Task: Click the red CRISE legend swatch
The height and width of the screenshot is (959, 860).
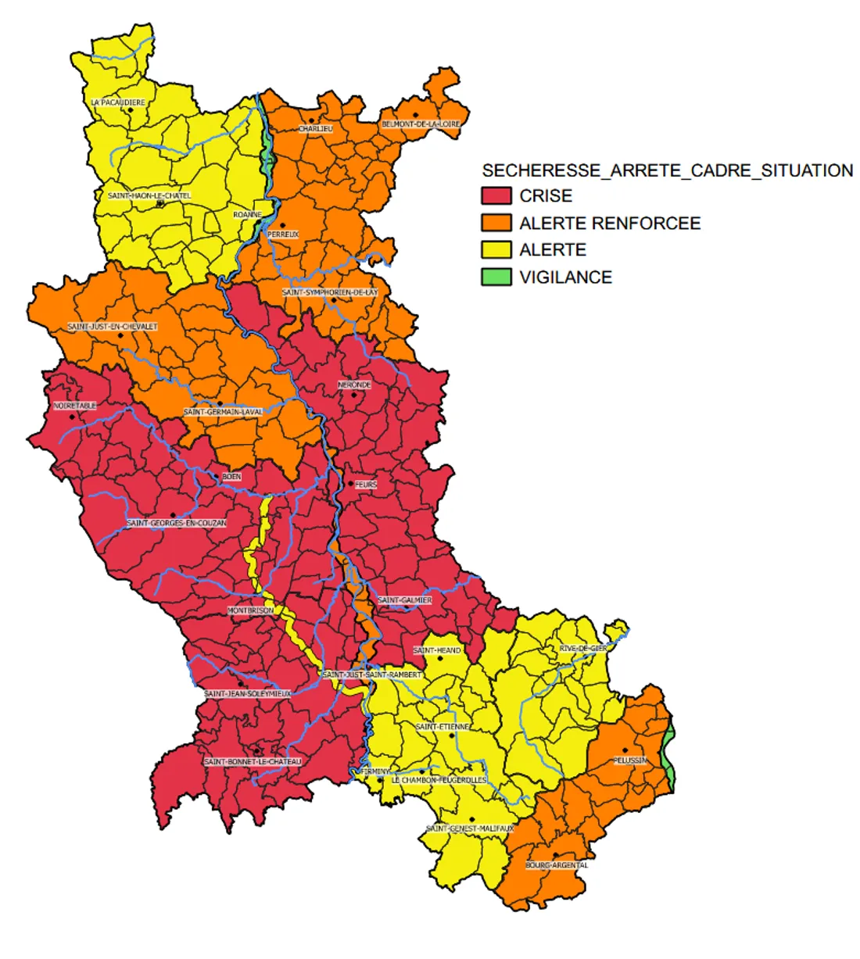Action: coord(496,195)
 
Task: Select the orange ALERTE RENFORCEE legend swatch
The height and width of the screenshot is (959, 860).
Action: coord(496,223)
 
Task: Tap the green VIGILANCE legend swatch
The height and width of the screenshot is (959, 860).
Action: coord(496,277)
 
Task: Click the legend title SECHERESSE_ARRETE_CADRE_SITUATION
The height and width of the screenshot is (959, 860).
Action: coord(667,170)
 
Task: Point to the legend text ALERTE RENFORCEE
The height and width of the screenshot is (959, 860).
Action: coord(610,223)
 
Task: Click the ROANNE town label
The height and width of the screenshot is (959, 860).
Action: coord(247,214)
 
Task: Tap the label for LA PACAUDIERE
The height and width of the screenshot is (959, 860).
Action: coord(118,102)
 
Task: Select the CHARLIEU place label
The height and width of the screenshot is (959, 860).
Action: coord(315,128)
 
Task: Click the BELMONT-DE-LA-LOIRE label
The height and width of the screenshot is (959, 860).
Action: coord(421,124)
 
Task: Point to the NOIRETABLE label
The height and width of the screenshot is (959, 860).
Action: coord(75,406)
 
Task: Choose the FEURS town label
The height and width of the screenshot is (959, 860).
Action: coord(366,485)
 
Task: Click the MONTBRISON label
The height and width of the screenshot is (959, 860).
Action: coord(250,610)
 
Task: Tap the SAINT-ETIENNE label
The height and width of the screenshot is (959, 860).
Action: coord(443,727)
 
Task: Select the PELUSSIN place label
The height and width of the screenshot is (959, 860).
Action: coord(629,760)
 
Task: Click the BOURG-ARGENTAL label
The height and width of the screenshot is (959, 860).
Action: coord(557,865)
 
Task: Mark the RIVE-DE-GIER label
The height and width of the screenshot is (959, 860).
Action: coord(583,649)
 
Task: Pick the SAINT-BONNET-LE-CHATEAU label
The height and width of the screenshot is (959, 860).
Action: coord(252,761)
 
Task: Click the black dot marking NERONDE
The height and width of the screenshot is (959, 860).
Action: coord(353,395)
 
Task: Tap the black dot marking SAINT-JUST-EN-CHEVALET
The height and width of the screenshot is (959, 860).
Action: coord(120,335)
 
